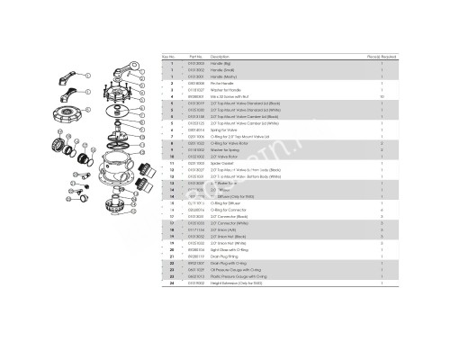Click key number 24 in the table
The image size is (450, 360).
click(x=172, y=287)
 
